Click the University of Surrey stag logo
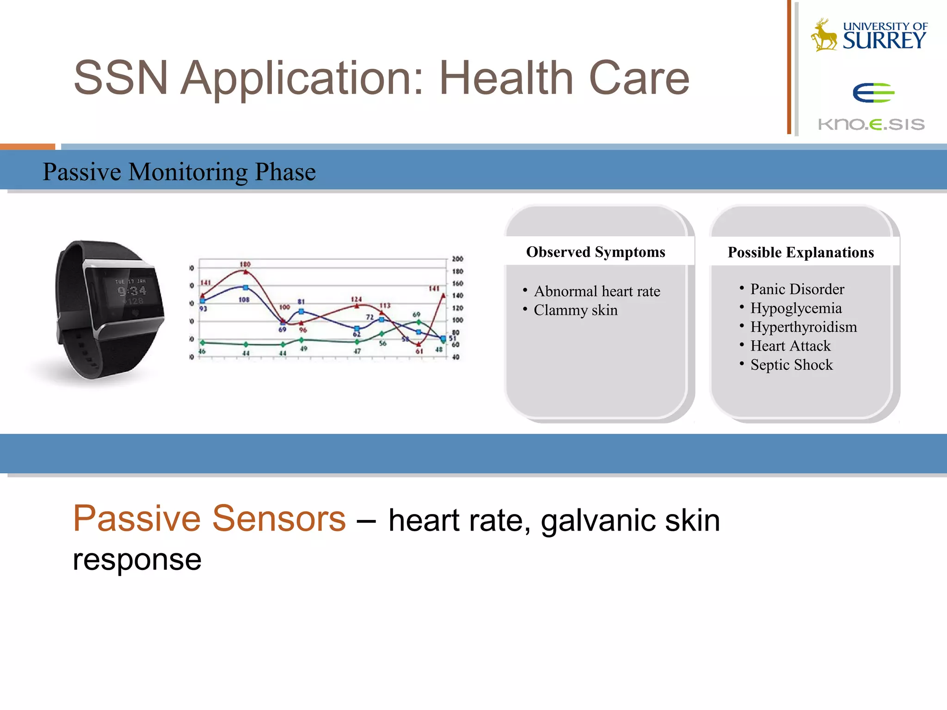(x=824, y=35)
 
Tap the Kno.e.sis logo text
(x=871, y=124)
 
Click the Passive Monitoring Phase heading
(x=179, y=171)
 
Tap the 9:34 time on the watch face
(x=132, y=291)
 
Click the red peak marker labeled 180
(x=246, y=272)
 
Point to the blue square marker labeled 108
(x=246, y=288)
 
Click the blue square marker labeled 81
(x=301, y=312)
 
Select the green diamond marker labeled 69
(x=418, y=322)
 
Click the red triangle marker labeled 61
(x=419, y=344)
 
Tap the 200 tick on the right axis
(x=457, y=259)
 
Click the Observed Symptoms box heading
(x=596, y=252)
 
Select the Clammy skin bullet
(x=575, y=310)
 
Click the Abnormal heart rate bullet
(x=596, y=291)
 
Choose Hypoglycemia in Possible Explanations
(x=796, y=308)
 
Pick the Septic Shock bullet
(x=791, y=365)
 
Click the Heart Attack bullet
(x=790, y=346)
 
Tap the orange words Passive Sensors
(x=209, y=519)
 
